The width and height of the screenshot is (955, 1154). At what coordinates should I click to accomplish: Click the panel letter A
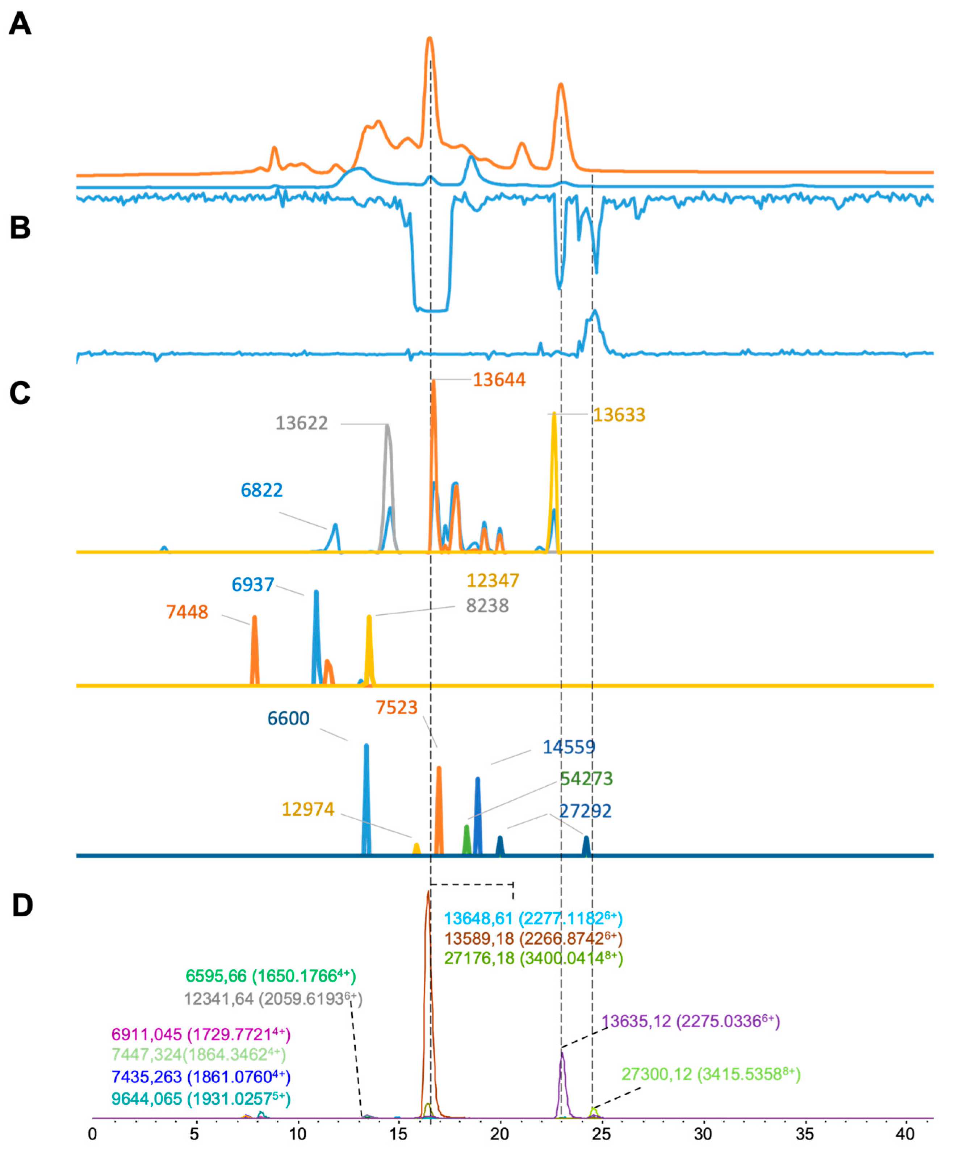[x=20, y=25]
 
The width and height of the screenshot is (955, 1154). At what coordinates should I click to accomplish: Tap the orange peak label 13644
[x=499, y=380]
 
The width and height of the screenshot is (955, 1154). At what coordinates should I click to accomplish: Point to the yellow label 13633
[x=619, y=415]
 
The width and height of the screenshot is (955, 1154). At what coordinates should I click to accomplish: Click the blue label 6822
[x=261, y=490]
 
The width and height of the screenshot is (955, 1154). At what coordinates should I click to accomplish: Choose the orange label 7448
[x=187, y=612]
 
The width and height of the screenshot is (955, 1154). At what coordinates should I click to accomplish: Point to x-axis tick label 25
[x=601, y=1134]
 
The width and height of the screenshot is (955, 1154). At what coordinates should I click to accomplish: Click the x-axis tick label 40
[x=904, y=1134]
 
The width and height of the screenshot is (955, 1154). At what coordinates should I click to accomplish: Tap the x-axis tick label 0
[x=92, y=1134]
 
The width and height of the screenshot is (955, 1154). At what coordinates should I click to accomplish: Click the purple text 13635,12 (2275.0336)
[x=690, y=1021]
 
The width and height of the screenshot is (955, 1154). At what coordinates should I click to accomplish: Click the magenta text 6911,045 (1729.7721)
[x=201, y=1035]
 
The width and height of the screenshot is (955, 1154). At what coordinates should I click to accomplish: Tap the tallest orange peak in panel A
[x=430, y=39]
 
